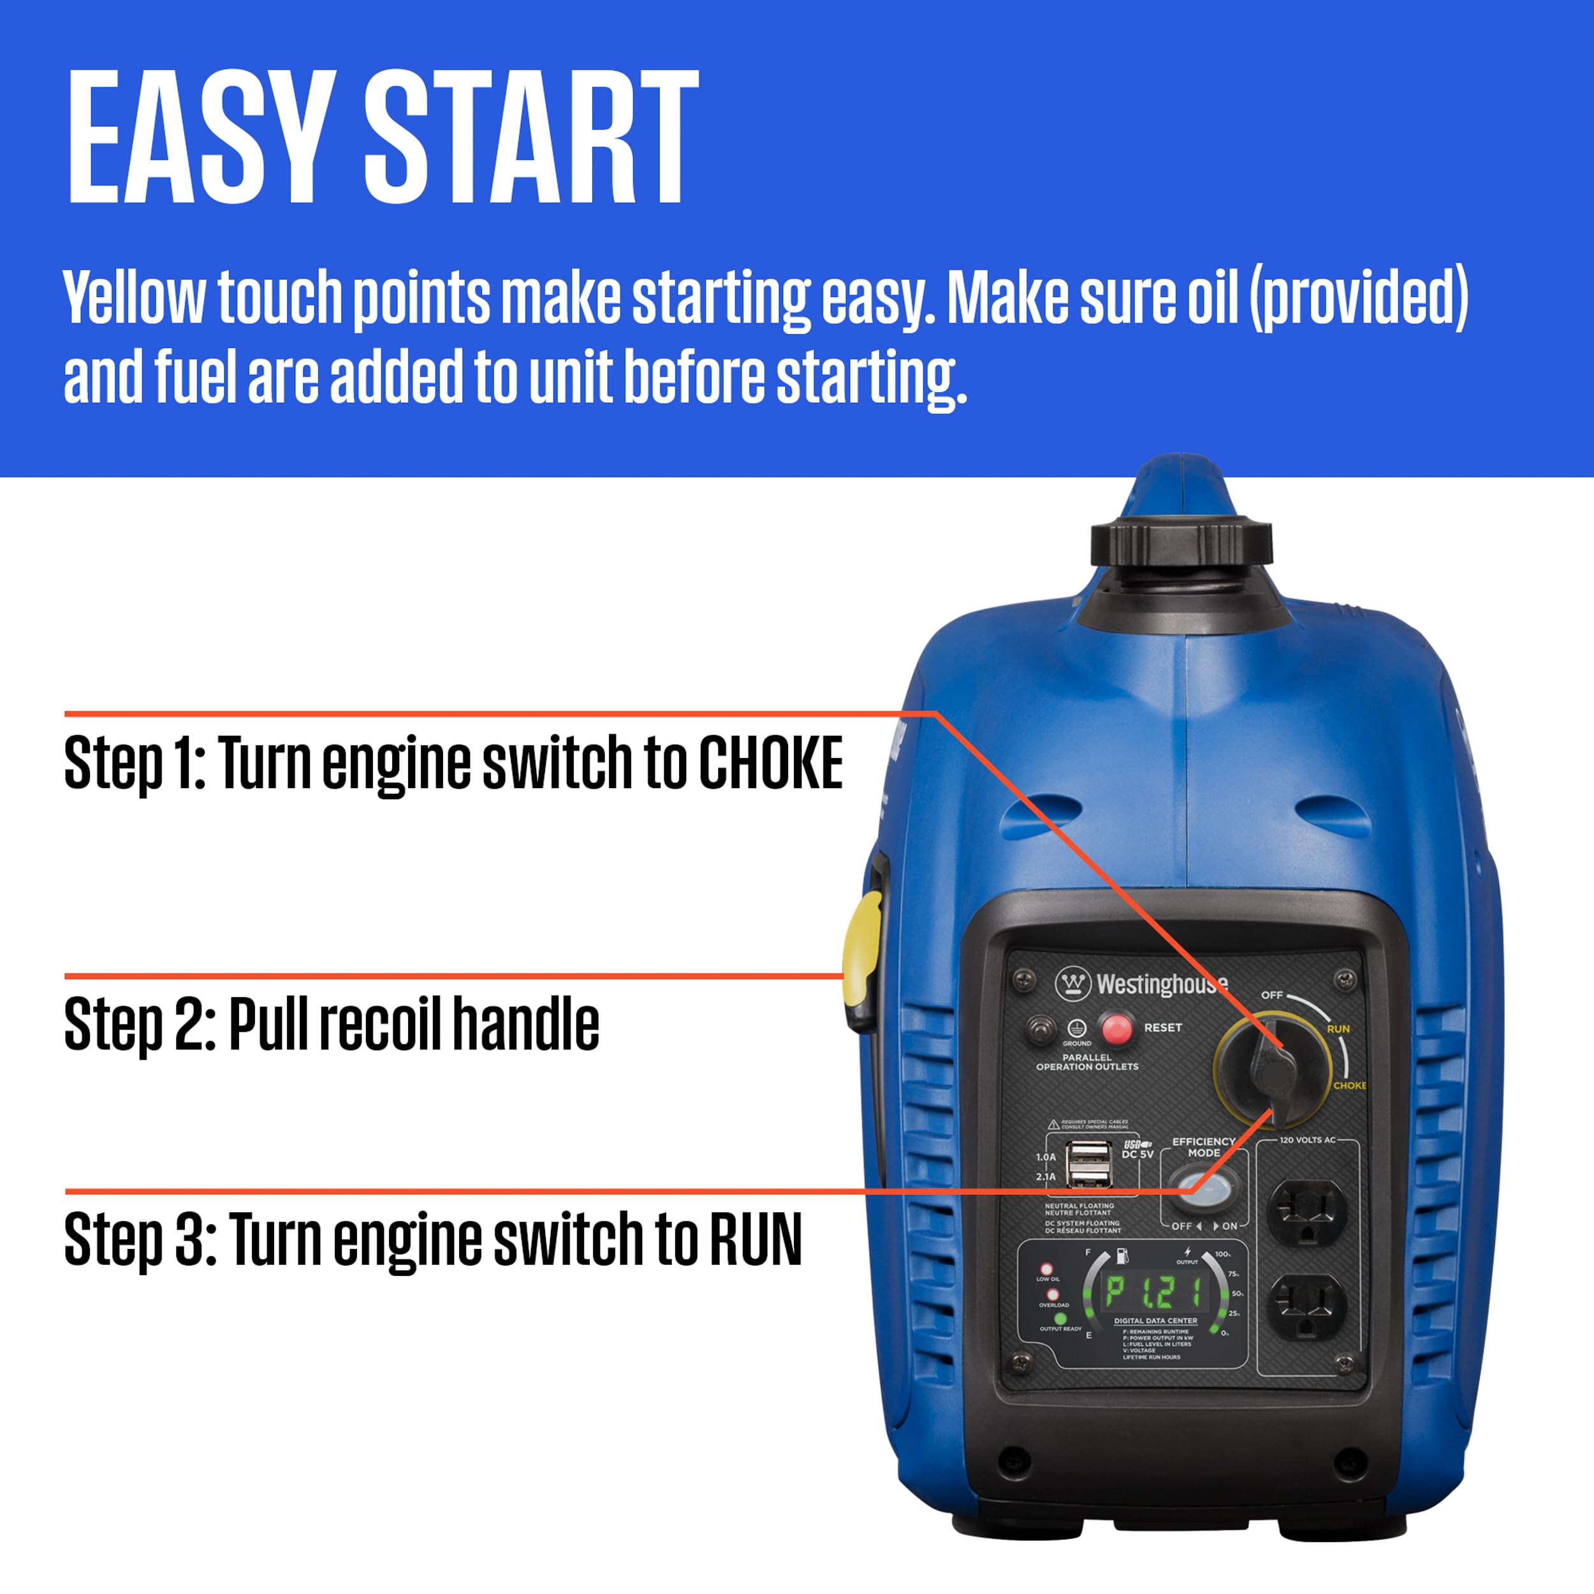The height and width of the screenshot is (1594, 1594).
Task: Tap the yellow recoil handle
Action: coord(862,962)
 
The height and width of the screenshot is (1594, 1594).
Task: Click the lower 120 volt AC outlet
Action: coord(1306,1306)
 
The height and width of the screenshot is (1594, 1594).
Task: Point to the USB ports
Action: coord(1088,1164)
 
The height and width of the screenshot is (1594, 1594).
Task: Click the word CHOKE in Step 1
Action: coord(771,763)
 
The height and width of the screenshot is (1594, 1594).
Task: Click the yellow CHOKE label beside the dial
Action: coord(1349,1086)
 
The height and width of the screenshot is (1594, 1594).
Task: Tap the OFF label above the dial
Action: coord(1271,995)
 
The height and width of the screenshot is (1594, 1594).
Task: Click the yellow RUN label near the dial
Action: coord(1338,1029)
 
